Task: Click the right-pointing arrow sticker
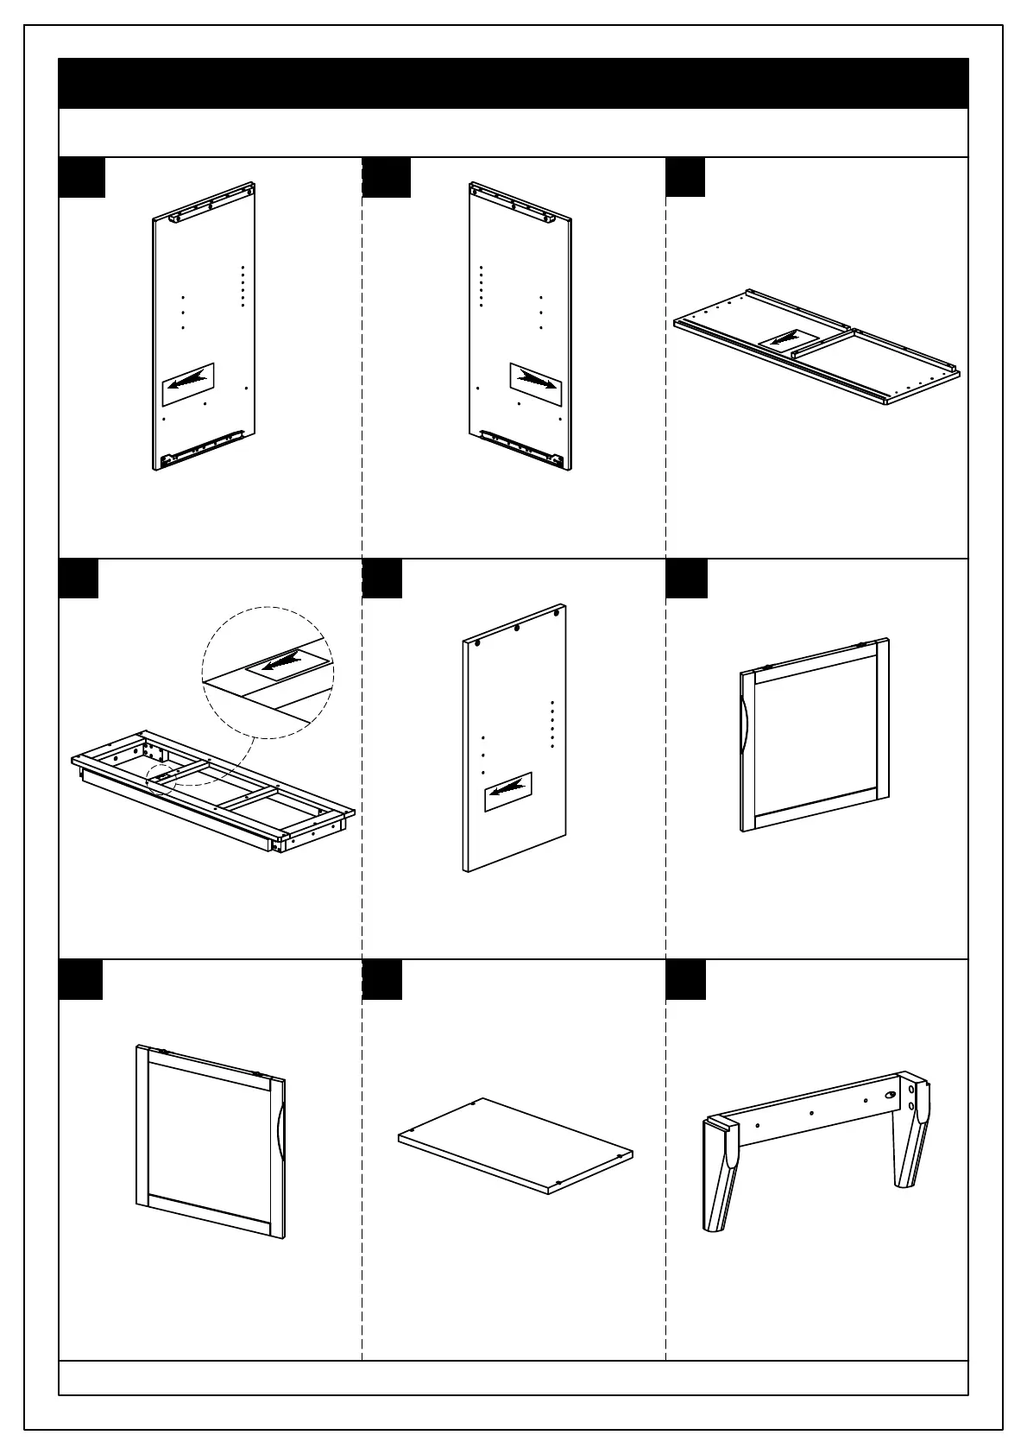(535, 380)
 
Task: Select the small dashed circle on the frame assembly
(161, 775)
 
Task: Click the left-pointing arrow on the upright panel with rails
(188, 383)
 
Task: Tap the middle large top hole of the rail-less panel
(516, 628)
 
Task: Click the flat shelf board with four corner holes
(515, 1144)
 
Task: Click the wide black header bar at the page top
(513, 84)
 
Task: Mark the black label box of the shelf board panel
(381, 979)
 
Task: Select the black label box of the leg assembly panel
(685, 979)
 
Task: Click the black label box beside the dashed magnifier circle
(78, 578)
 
